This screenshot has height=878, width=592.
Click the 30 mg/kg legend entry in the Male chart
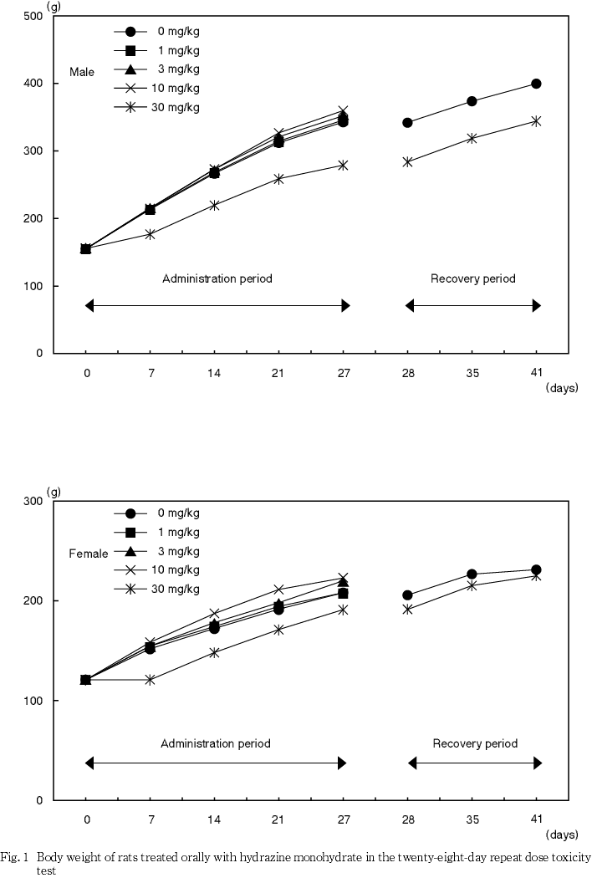tap(160, 107)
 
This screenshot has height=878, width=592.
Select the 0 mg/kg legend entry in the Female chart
tap(160, 513)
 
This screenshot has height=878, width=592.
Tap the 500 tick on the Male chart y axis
tap(34, 16)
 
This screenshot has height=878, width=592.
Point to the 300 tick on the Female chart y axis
tap(34, 501)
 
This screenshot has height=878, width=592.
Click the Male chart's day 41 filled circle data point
tap(536, 84)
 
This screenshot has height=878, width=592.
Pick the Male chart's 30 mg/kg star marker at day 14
tap(215, 205)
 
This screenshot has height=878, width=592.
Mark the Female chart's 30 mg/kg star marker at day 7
tap(151, 680)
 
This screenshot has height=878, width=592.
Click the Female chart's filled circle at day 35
tap(472, 574)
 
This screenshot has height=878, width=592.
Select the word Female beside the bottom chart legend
tap(88, 554)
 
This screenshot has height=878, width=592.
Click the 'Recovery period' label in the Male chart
tap(473, 278)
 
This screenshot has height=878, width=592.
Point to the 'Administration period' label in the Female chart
tap(216, 743)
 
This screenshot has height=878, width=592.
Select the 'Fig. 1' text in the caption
tap(16, 857)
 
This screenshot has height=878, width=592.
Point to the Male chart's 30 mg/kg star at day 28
tap(408, 161)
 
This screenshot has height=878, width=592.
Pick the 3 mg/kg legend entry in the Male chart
tap(160, 69)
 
